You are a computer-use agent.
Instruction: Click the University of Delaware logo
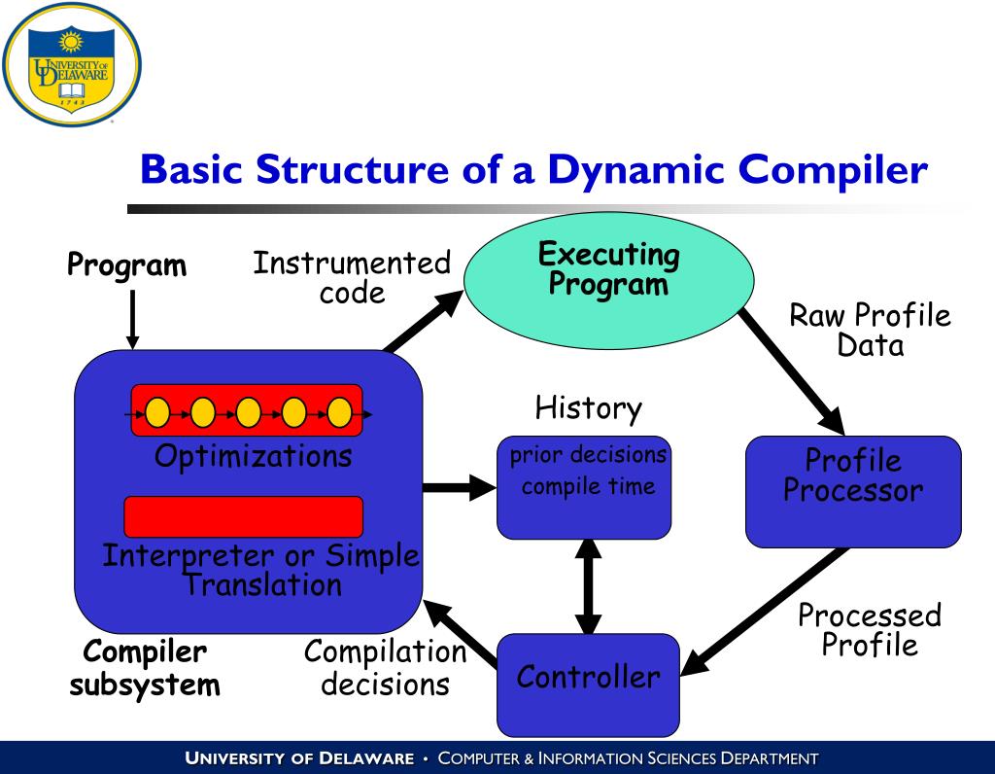tap(72, 65)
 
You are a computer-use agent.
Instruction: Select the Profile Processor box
tap(853, 490)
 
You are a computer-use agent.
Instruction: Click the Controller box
tap(588, 685)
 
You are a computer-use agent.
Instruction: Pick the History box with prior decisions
tap(584, 486)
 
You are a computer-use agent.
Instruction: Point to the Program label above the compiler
tap(126, 264)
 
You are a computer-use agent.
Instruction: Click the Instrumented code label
tap(352, 277)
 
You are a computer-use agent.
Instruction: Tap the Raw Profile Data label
tap(870, 330)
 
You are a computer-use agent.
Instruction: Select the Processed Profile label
tap(870, 629)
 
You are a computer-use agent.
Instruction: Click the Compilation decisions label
tap(385, 667)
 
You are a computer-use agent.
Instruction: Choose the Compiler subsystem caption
tap(145, 668)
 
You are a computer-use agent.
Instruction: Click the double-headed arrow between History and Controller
tap(588, 586)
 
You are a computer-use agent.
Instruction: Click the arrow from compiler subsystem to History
tap(459, 486)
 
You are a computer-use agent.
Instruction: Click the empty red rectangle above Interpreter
tap(244, 516)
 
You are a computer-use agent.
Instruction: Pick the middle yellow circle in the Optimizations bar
tap(249, 412)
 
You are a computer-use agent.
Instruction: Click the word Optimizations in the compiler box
tap(253, 455)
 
